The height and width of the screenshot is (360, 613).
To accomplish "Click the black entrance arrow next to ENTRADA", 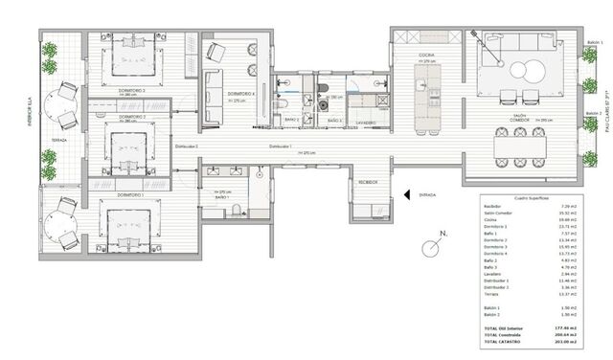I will tap(407, 192).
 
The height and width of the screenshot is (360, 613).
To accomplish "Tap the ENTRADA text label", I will tap(428, 193).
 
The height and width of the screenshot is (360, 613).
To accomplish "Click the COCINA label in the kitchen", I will tap(425, 56).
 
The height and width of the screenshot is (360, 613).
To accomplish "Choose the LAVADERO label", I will tap(360, 122).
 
